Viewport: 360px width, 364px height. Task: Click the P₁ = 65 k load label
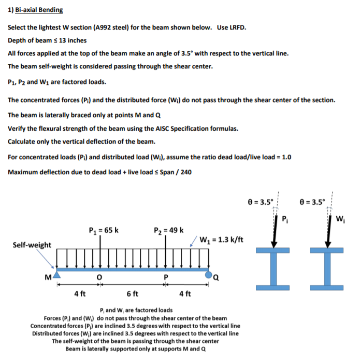pos(104,230)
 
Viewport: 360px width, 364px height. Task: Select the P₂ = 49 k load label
pos(168,230)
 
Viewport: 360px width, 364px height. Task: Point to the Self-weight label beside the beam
pos(33,245)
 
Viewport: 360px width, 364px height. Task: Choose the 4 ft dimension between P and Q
pos(185,294)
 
